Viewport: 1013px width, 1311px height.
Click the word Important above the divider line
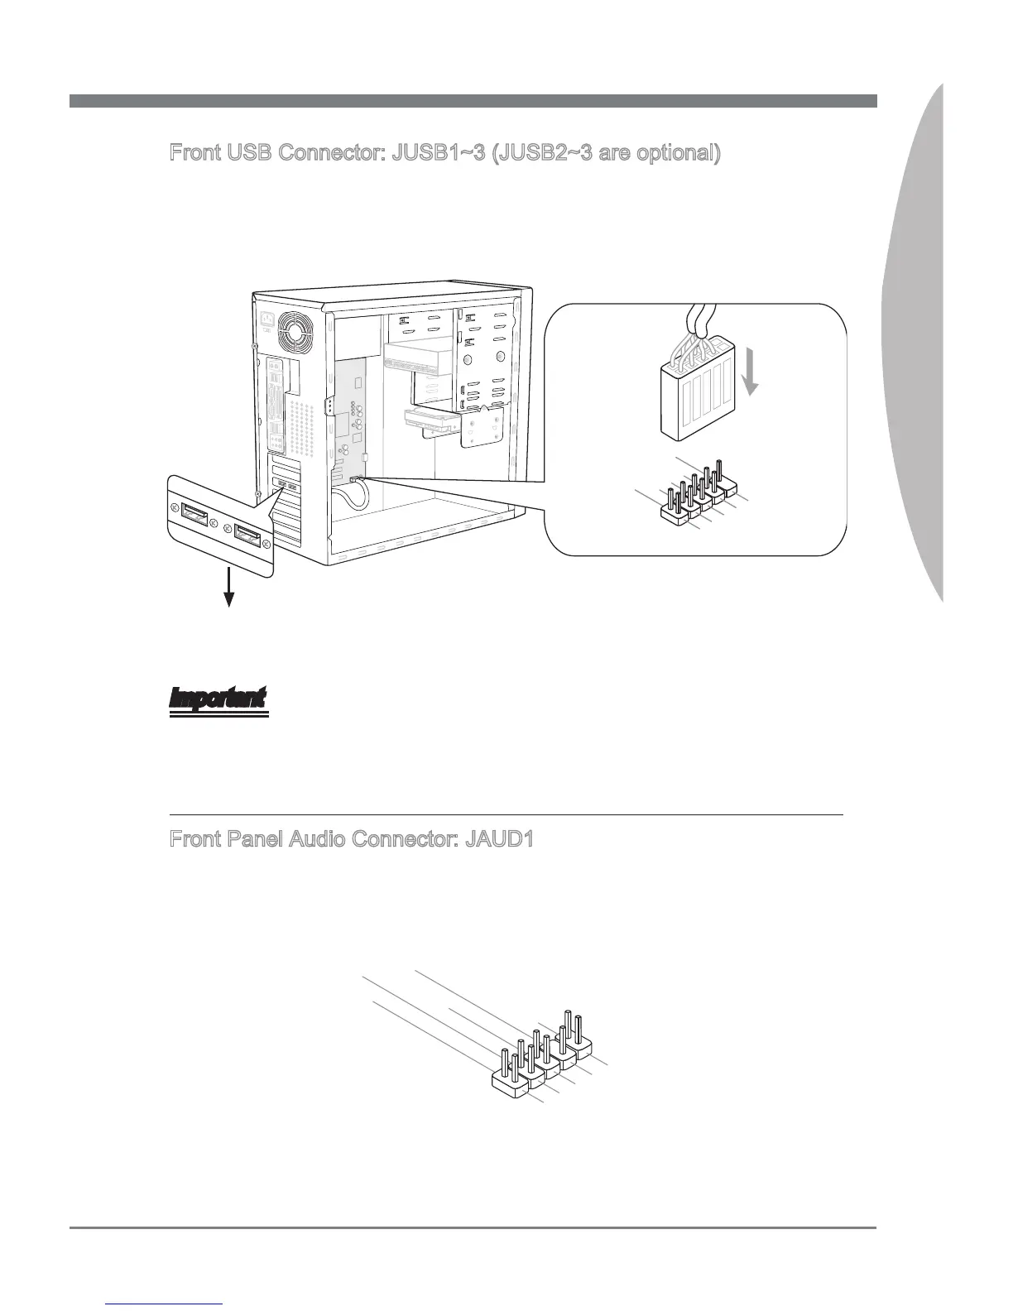218,699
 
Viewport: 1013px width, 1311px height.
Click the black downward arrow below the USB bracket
228,593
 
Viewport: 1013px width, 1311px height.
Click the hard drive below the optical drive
431,423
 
